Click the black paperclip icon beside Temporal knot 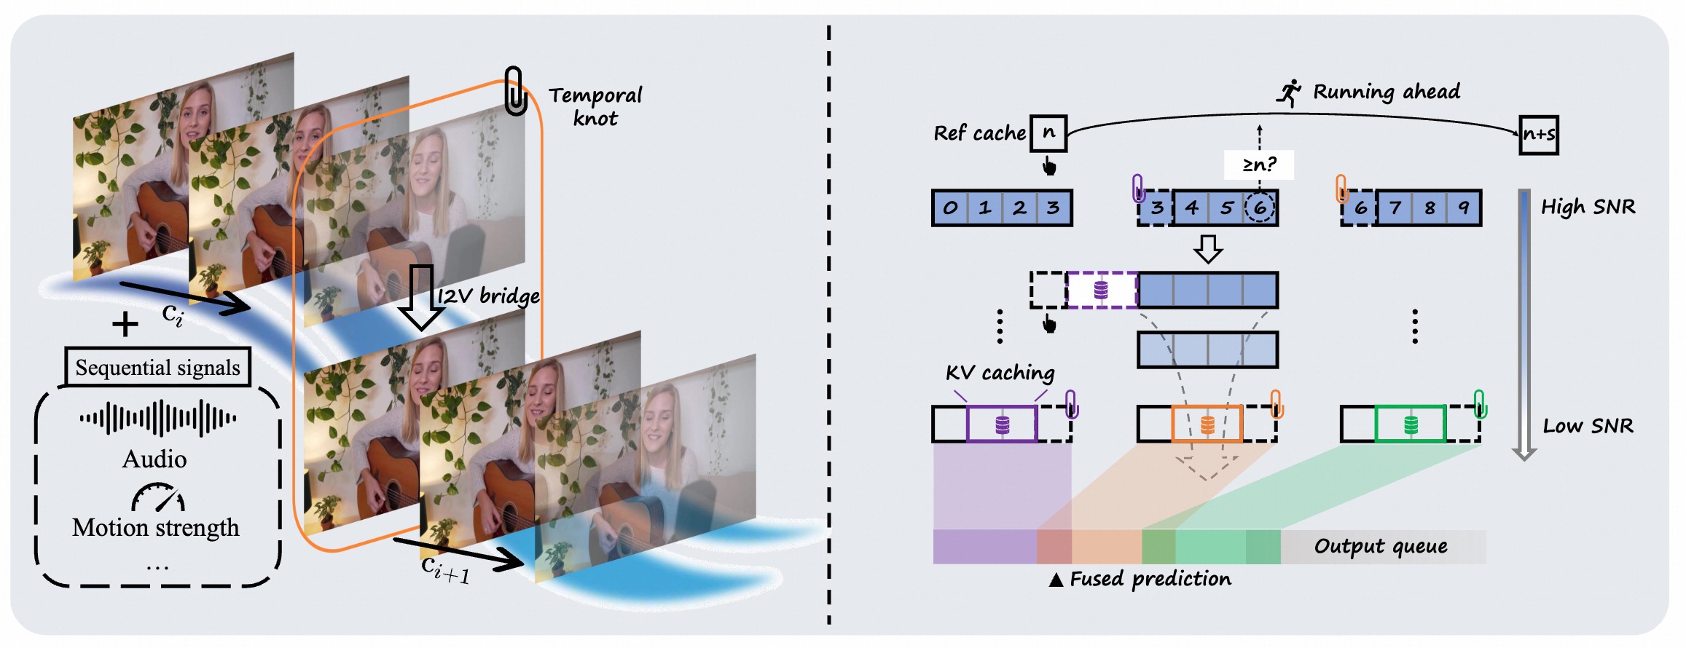515,90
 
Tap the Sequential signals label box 157,367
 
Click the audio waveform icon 157,418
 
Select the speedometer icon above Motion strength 157,497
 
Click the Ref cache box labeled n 1048,133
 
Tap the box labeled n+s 1538,135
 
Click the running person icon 1288,93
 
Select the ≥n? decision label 1259,165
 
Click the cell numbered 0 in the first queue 950,208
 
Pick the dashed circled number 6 1260,208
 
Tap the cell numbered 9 1463,208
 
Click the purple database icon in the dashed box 1101,291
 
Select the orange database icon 1207,424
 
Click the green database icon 1411,424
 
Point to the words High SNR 1588,208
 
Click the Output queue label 1381,546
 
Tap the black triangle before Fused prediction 1056,580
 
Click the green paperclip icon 1479,403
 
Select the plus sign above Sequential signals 125,324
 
